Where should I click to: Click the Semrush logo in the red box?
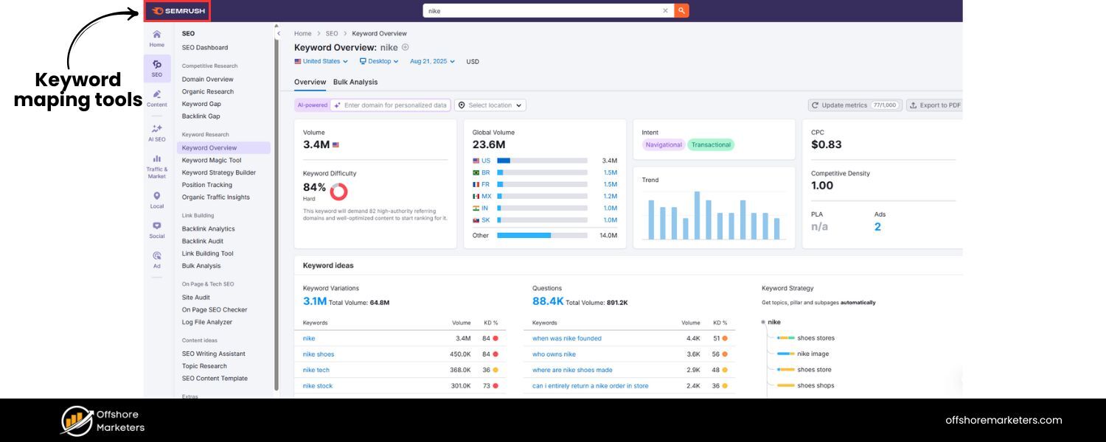[x=177, y=11]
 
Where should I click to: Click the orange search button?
[x=681, y=11]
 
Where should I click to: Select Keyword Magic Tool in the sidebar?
[x=212, y=160]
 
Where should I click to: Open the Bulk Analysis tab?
[x=355, y=82]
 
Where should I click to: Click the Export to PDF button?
[x=934, y=105]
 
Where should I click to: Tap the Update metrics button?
[x=854, y=105]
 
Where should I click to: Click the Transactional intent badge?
[x=711, y=145]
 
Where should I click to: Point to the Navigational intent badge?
[x=664, y=145]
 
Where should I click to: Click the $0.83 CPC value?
[x=827, y=145]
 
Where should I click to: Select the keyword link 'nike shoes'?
[x=319, y=354]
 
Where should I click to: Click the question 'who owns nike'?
[x=554, y=354]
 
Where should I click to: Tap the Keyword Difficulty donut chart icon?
[x=338, y=192]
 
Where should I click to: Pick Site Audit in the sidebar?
[x=196, y=298]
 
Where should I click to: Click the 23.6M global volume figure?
[x=489, y=145]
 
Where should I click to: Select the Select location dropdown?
[x=490, y=105]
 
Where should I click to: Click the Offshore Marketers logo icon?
[x=77, y=421]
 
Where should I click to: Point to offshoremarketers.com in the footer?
[x=1004, y=421]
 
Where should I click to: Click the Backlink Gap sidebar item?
[x=201, y=116]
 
